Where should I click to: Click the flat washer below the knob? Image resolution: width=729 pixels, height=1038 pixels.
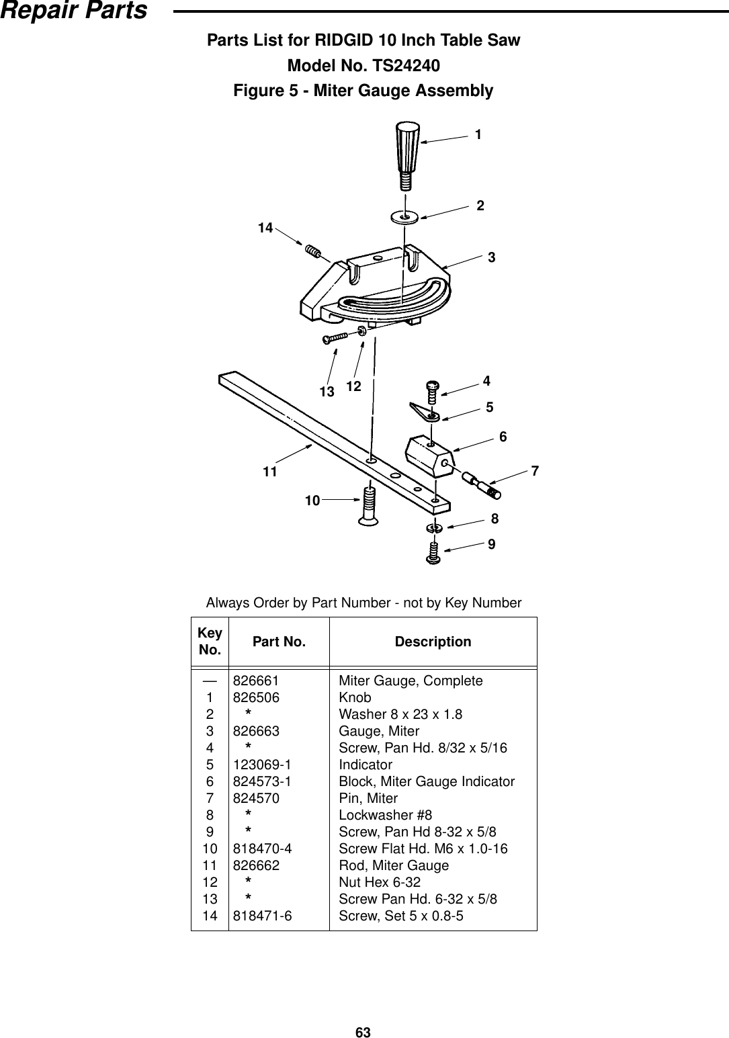click(404, 216)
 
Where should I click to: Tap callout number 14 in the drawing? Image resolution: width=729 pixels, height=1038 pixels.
click(265, 228)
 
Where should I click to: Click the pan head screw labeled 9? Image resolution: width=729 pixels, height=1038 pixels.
click(434, 553)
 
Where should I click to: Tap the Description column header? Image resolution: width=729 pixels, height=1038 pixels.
click(433, 642)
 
